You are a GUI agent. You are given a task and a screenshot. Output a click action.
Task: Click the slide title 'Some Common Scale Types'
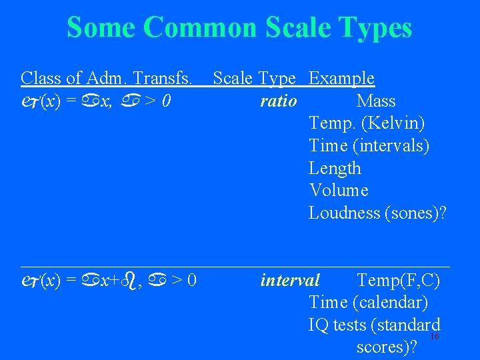(x=239, y=28)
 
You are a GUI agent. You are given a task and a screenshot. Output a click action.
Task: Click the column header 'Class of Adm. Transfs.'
(x=107, y=79)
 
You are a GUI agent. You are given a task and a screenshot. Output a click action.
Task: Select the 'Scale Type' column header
(x=254, y=79)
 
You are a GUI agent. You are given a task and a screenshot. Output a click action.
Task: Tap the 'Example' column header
(x=341, y=79)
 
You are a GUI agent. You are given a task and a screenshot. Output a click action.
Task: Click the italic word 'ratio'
(x=279, y=101)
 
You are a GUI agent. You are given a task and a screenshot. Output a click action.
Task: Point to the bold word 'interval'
(x=290, y=280)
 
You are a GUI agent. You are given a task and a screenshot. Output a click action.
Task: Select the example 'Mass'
(x=376, y=101)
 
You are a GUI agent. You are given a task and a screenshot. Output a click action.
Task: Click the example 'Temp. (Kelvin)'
(x=367, y=123)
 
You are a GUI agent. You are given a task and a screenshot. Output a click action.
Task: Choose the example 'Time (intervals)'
(x=369, y=146)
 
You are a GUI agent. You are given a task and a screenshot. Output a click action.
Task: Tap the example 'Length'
(x=335, y=169)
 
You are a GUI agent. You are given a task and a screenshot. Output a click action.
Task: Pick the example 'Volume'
(x=339, y=191)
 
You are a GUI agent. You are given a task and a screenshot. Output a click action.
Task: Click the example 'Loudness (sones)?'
(x=377, y=213)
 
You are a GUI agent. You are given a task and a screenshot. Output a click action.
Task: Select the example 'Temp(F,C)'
(x=398, y=280)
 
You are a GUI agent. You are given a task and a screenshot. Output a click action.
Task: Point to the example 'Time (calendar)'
(x=368, y=303)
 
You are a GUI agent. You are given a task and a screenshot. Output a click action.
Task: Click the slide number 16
(x=434, y=337)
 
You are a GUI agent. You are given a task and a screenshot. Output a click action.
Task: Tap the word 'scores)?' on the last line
(x=387, y=347)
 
